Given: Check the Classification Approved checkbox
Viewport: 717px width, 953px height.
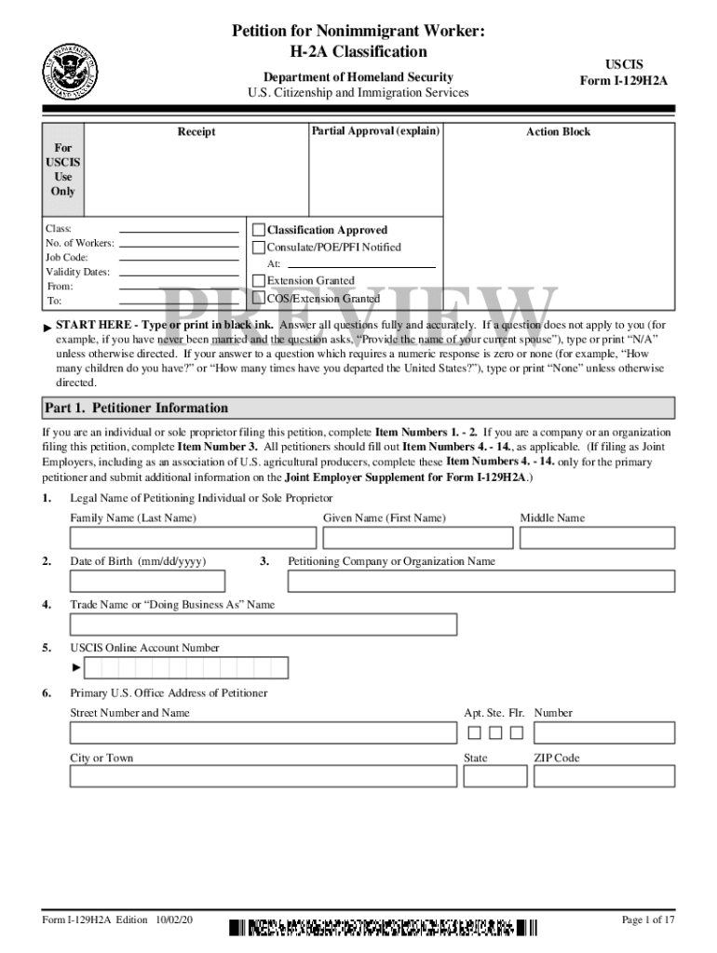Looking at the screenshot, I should point(259,230).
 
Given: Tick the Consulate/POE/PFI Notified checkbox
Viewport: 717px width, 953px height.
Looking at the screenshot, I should point(259,248).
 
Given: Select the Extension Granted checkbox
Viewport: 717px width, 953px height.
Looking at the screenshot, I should point(259,280).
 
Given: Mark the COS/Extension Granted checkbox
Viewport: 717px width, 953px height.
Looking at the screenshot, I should point(259,299).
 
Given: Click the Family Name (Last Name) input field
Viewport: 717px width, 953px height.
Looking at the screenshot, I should point(180,538).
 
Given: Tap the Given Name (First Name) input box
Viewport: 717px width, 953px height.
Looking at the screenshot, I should point(418,538).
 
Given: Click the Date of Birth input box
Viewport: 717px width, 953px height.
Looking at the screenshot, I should point(147,581).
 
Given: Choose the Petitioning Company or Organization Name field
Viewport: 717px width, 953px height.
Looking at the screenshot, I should point(480,581).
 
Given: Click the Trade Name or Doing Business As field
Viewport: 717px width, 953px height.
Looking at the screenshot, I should point(264,624).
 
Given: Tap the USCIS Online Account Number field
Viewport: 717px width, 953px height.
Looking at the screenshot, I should point(186,668).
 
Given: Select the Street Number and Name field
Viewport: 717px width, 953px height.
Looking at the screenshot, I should point(264,732).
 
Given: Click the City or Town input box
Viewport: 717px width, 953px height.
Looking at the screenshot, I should point(264,776).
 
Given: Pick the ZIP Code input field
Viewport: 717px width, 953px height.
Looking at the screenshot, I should point(604,776).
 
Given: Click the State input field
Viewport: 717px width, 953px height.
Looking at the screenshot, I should point(494,776).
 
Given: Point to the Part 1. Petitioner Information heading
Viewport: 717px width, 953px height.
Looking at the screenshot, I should point(136,408).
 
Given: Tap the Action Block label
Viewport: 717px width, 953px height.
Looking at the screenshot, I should point(558,132).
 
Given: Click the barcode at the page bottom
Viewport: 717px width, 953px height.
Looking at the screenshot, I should point(384,927).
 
